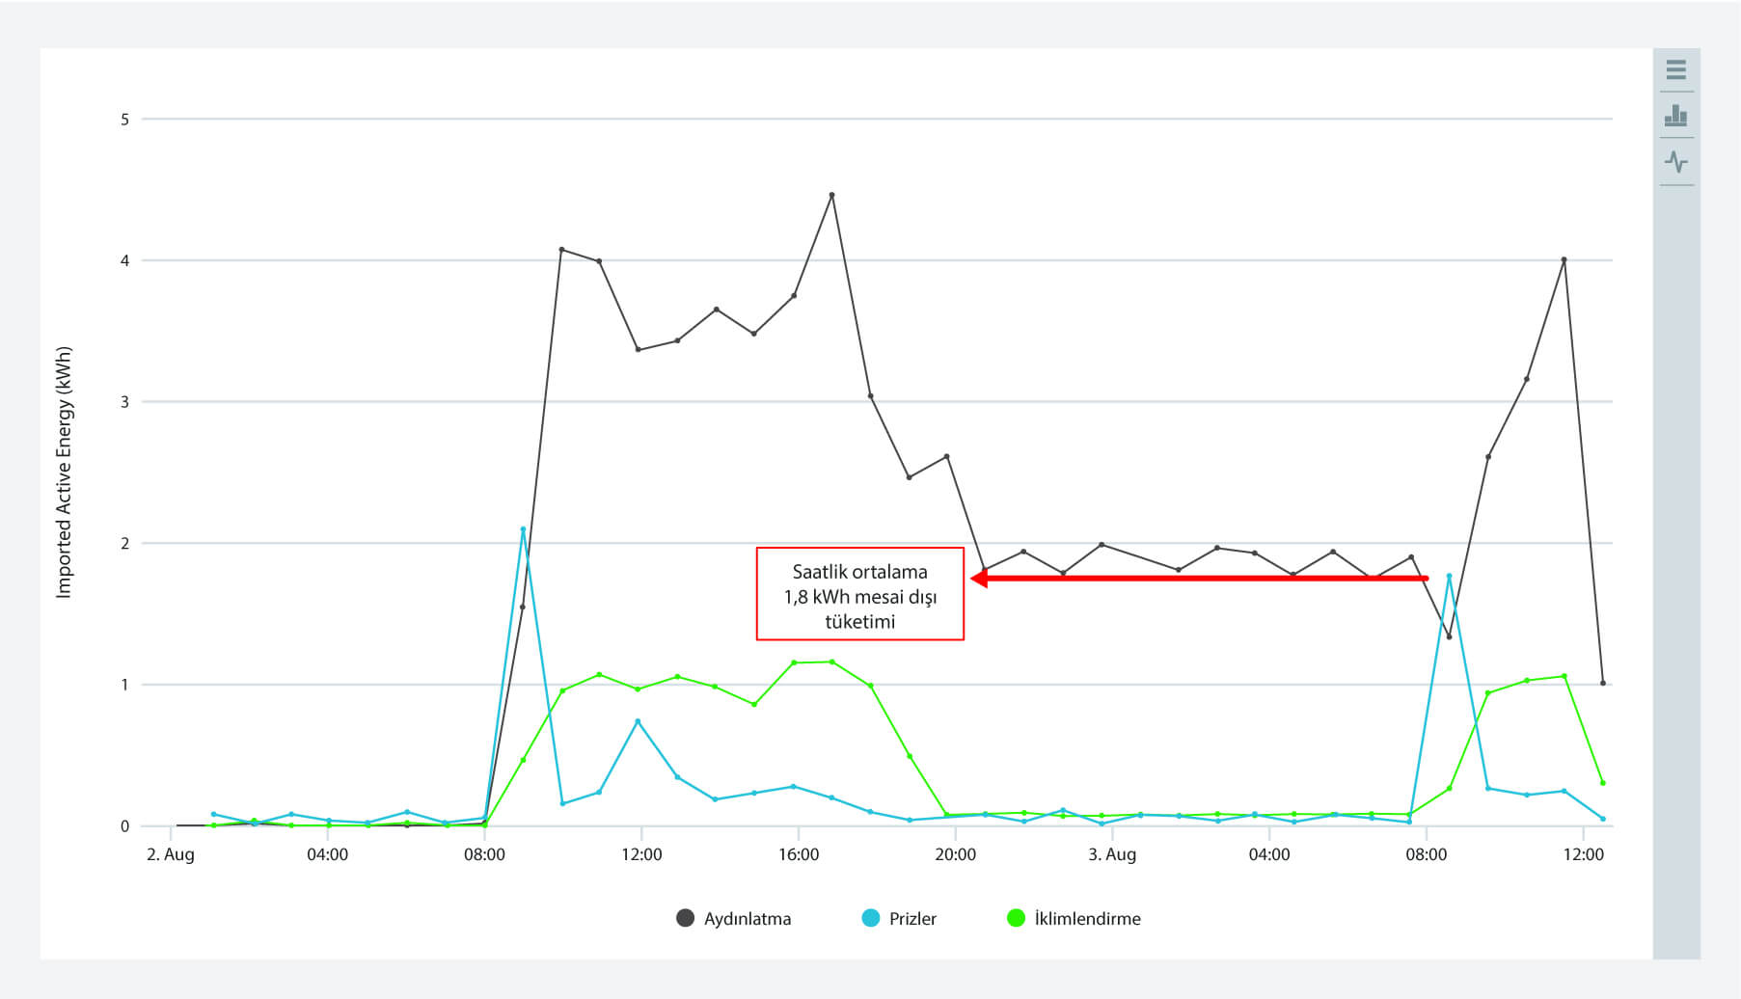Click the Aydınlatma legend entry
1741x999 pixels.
[734, 918]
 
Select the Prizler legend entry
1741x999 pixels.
[899, 918]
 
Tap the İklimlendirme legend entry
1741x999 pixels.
[1074, 918]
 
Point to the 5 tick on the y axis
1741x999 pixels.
[124, 120]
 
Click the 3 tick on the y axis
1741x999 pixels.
[124, 401]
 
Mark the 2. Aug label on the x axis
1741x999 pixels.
[170, 854]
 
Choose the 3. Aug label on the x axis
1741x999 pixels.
[1112, 854]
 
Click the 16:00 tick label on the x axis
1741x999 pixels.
[799, 854]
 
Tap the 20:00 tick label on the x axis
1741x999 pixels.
[955, 854]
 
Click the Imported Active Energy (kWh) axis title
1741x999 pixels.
[64, 472]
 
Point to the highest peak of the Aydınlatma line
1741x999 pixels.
[831, 195]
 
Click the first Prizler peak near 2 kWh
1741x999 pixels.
[523, 529]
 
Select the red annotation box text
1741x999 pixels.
[859, 596]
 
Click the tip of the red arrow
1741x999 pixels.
[971, 578]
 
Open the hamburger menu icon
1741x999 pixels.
[1676, 69]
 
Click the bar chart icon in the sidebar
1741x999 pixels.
[1676, 116]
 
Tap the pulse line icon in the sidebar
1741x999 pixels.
[1676, 162]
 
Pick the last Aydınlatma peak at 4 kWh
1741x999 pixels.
[1564, 259]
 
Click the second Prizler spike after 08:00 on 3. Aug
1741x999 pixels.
[1449, 576]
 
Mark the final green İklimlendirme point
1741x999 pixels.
[1602, 782]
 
